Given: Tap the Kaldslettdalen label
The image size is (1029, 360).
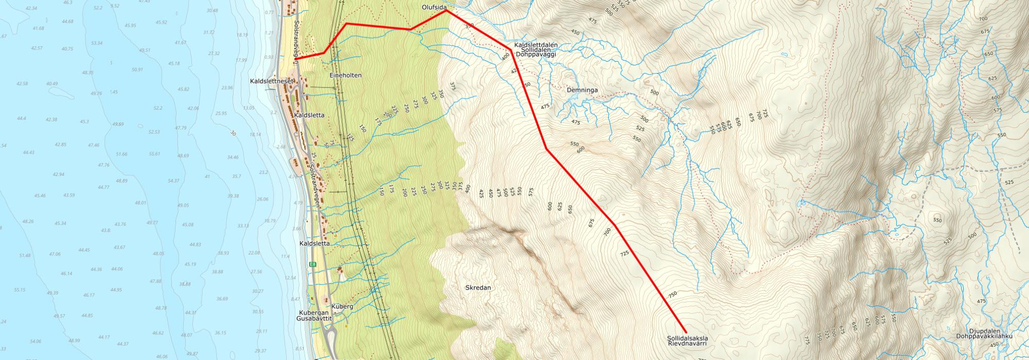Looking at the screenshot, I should coord(536,45).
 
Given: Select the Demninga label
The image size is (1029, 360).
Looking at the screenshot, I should coord(582,90).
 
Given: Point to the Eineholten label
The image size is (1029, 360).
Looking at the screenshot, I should coord(345,75).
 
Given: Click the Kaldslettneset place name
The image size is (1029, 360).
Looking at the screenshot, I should coord(271,81).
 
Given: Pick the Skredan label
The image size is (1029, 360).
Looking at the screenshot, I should coord(477,288).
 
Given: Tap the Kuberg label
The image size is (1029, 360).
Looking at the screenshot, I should coord(342,307).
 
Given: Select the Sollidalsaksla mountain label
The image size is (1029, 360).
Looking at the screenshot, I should coord(688,338).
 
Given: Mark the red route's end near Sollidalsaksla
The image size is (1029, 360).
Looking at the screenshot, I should coord(686,332).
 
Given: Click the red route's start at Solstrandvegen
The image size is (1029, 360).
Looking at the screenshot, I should coord(297,58).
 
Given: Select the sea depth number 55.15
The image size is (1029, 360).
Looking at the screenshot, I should coord(20,290).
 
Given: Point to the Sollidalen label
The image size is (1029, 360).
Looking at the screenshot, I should coord(536,50).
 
